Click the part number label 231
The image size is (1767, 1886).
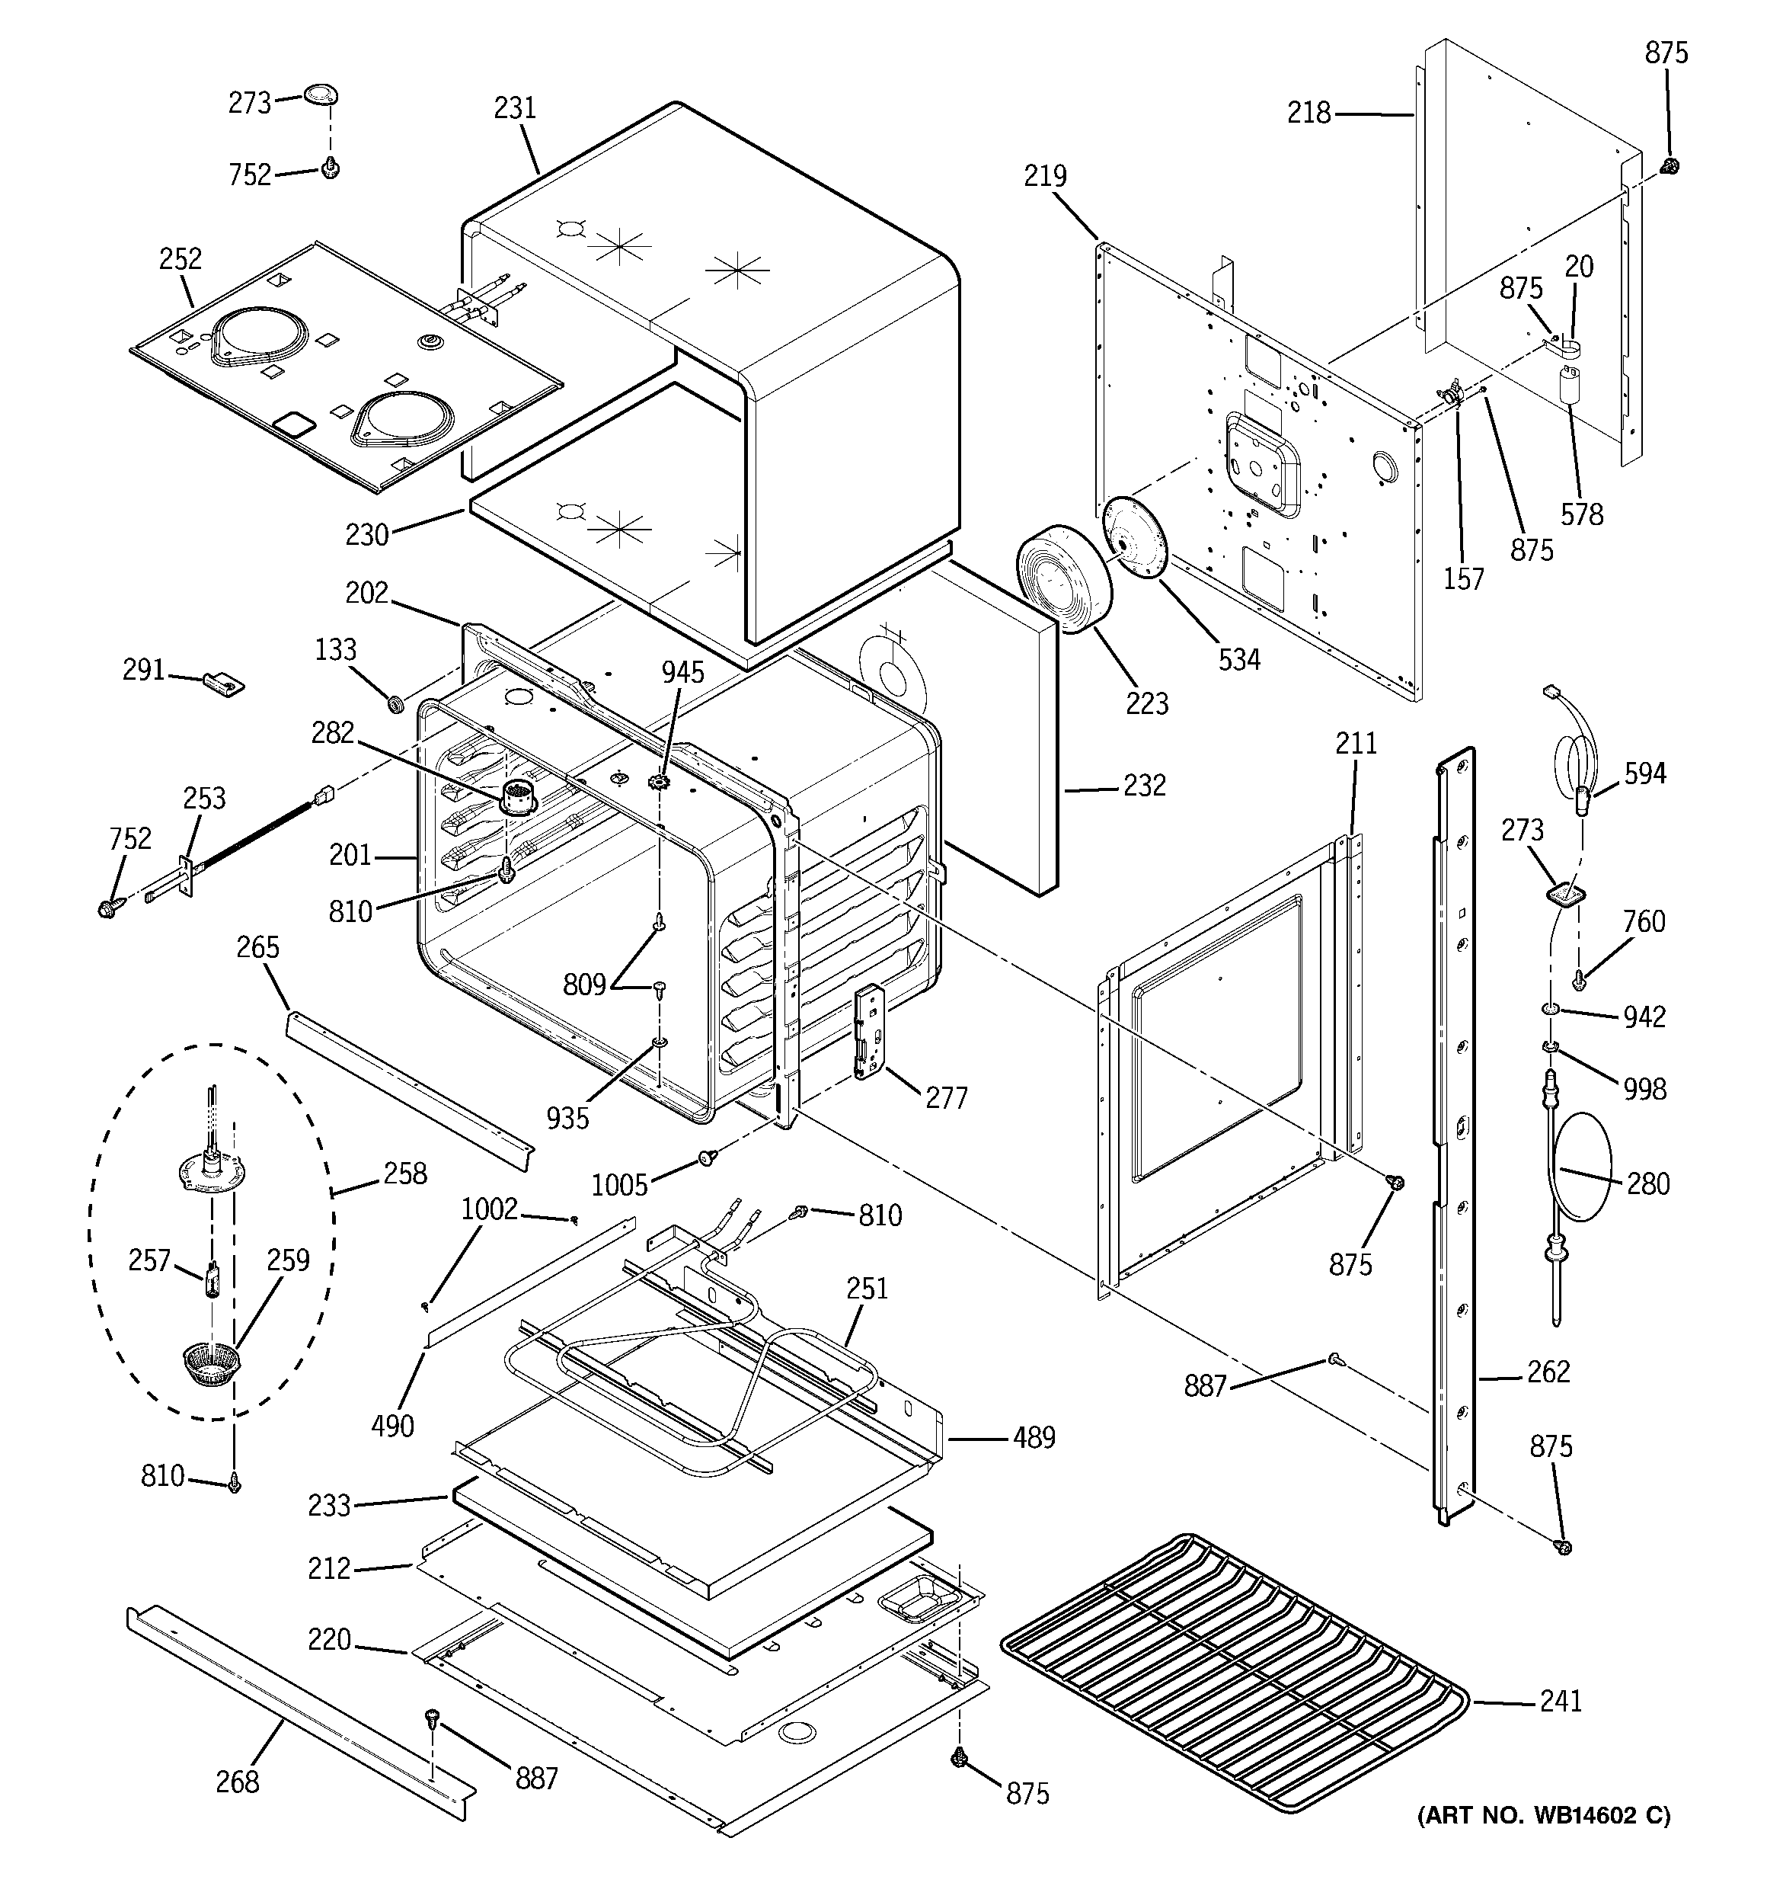tap(514, 108)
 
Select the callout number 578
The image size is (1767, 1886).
tap(1581, 514)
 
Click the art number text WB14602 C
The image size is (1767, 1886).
tap(1543, 1815)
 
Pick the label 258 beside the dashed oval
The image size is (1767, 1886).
tap(405, 1174)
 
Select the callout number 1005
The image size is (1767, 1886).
tap(619, 1185)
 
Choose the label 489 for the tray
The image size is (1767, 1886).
tap(1033, 1437)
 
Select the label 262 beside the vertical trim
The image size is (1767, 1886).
tap(1548, 1371)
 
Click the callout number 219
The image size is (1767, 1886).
tap(1044, 177)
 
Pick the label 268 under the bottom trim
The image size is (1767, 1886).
tap(236, 1782)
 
